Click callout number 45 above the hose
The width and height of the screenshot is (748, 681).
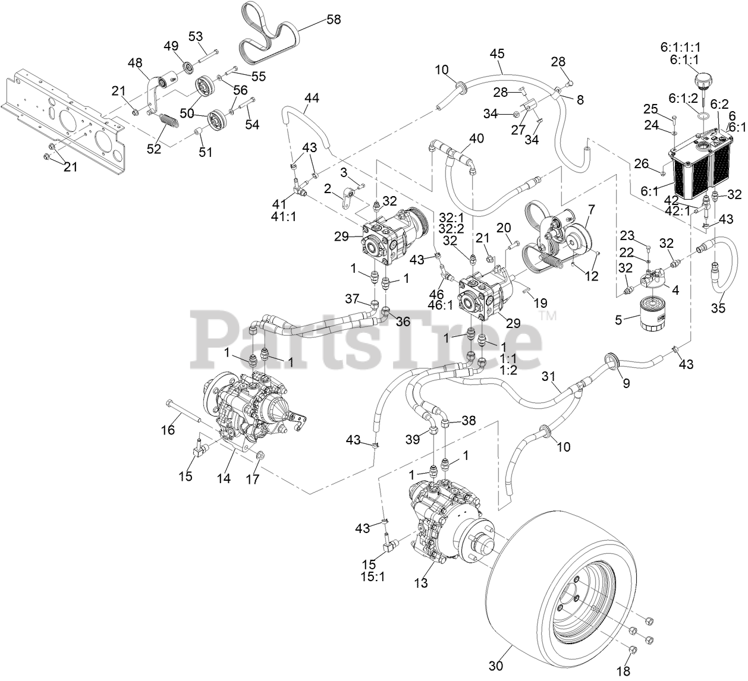coord(497,53)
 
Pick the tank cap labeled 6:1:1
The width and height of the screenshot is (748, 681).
coord(702,79)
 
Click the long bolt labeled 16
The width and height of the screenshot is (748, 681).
coord(183,411)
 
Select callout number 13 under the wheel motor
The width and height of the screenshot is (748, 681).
coord(421,583)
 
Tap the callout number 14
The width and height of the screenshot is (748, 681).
coord(224,479)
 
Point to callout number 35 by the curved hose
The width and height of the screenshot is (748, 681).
coord(719,308)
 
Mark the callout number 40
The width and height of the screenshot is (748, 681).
coord(476,138)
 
